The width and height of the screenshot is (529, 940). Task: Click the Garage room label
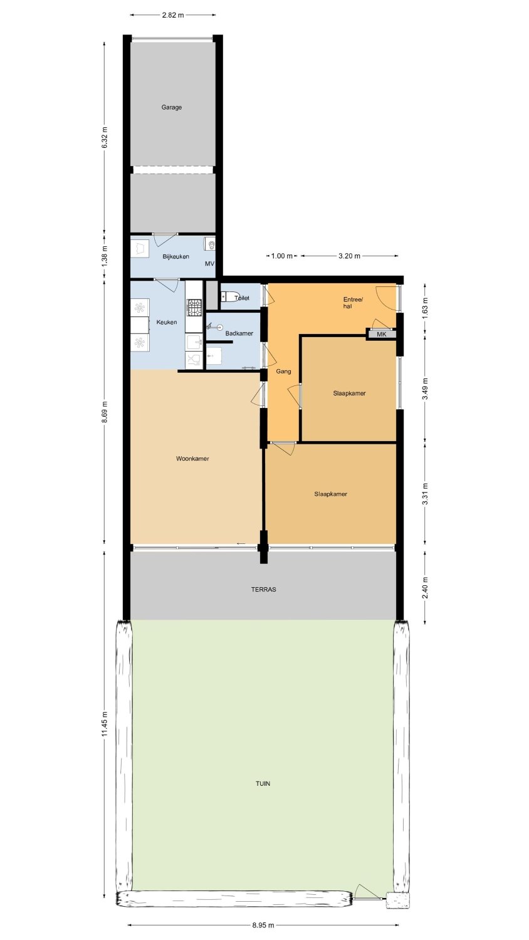click(172, 107)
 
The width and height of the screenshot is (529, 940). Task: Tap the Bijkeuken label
click(176, 256)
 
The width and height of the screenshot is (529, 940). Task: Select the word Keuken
click(167, 322)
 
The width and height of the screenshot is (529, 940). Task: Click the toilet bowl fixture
click(229, 296)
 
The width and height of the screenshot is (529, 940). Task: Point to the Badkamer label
click(239, 333)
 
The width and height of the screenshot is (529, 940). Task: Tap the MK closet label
click(382, 335)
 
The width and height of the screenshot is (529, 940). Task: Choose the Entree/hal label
click(353, 303)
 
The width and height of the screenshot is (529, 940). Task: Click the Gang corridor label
click(283, 372)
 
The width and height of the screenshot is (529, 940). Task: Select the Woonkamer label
click(192, 459)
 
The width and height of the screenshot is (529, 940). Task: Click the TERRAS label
click(264, 589)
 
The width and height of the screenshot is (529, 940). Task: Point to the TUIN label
click(263, 783)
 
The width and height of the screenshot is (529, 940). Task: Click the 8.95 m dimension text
click(263, 925)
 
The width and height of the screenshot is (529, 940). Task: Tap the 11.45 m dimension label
click(105, 724)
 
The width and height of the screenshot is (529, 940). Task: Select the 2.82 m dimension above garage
click(173, 15)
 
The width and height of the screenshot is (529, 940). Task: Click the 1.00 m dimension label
click(282, 256)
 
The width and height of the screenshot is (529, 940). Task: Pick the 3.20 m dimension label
click(349, 256)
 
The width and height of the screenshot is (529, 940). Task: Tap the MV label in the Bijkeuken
click(209, 264)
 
